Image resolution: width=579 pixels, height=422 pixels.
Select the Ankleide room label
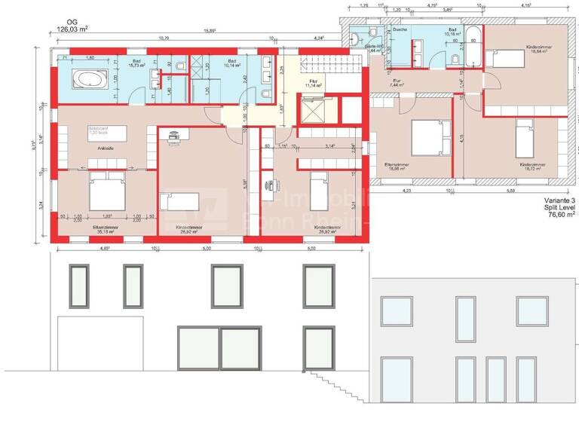pos(106,149)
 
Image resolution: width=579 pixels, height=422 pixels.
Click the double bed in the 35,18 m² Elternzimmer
pos(106,192)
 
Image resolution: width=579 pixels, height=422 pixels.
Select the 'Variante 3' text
pos(558,199)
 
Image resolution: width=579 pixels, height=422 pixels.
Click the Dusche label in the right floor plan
pos(400,29)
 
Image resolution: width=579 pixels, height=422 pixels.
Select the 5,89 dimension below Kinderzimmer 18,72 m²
pos(510,191)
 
